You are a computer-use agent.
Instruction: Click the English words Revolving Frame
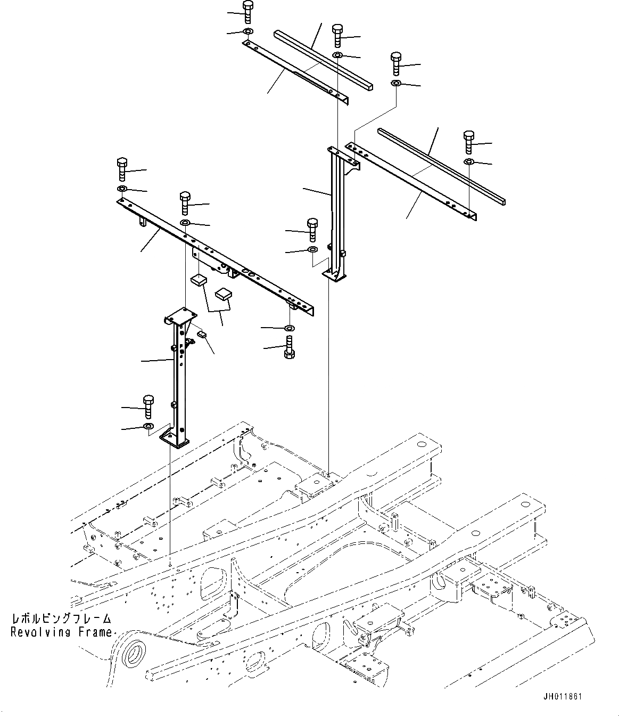61,632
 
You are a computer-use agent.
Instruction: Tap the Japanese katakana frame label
61,619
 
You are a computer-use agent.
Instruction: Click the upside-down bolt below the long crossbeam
289,348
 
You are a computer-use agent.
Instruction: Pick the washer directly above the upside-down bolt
289,328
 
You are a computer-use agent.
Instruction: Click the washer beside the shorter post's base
148,426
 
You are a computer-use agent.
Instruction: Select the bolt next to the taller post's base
313,229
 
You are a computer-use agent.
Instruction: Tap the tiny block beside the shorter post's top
202,334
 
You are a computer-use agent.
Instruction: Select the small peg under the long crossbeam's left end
143,221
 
